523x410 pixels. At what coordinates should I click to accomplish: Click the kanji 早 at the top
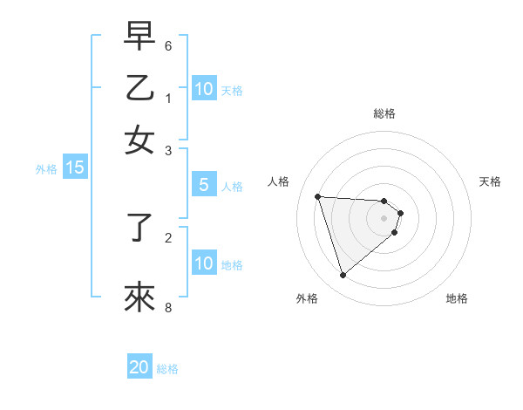coord(139,37)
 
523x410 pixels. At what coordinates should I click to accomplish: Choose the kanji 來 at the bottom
coord(139,297)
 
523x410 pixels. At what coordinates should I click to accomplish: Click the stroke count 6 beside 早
coord(168,45)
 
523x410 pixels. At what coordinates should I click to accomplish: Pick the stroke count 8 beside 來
coord(168,307)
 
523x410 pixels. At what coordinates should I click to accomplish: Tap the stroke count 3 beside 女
coord(168,150)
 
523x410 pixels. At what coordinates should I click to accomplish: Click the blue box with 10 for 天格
coord(203,88)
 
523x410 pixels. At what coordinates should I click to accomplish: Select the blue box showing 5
coord(203,185)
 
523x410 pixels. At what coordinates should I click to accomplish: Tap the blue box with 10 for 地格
coord(203,263)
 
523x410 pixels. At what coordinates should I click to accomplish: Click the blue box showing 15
coord(75,167)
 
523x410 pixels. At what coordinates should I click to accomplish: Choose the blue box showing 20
coord(139,367)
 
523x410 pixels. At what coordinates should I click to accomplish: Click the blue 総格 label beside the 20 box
coord(167,369)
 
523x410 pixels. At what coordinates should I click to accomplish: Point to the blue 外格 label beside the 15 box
coord(46,169)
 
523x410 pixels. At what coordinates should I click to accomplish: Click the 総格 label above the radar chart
coord(384,113)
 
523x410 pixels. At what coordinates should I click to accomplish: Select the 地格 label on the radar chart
coord(457,299)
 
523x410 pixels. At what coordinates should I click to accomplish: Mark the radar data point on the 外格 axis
coord(343,276)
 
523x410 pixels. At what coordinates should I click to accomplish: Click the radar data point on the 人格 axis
coord(317,196)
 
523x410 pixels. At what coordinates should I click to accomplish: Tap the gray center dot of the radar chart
coord(384,218)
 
